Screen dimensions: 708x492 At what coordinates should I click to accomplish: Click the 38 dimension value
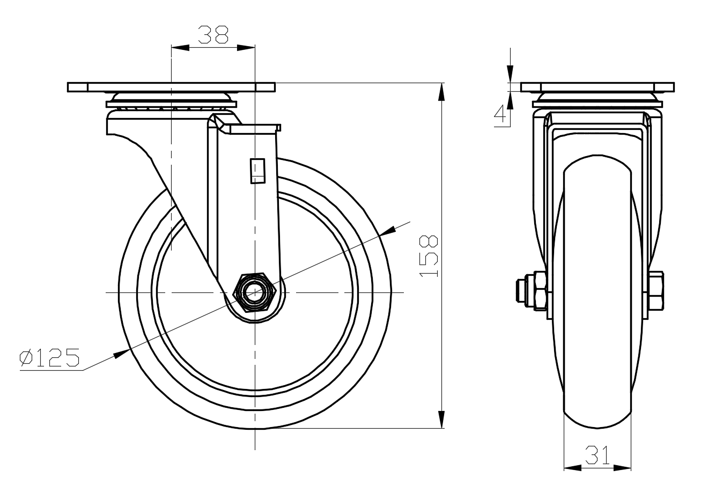tap(213, 35)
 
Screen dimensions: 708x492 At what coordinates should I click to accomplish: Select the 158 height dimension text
tap(428, 256)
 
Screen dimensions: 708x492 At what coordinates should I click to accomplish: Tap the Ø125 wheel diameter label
tap(49, 358)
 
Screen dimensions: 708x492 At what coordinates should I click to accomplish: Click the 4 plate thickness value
tap(500, 114)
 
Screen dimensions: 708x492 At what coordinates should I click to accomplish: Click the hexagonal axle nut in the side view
tap(254, 292)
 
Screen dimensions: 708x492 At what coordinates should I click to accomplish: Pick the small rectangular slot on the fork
tap(257, 171)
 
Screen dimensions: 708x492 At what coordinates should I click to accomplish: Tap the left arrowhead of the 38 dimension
tap(180, 48)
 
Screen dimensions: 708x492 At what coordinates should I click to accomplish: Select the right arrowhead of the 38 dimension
tap(246, 48)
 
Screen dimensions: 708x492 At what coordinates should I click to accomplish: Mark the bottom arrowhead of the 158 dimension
tap(441, 420)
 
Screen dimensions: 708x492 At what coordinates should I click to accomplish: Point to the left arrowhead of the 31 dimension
tap(573, 468)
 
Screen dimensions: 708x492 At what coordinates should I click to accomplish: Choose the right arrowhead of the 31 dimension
tap(622, 468)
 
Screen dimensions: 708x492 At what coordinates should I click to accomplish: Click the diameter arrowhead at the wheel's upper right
tap(387, 231)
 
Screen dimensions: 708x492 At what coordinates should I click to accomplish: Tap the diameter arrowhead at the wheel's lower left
tap(122, 354)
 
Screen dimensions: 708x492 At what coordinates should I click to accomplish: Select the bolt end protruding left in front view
tap(521, 291)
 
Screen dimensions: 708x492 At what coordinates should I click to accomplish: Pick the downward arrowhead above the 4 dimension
tap(510, 74)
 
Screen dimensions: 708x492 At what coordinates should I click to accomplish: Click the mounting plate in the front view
tap(598, 87)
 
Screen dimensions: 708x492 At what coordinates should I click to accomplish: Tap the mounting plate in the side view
tap(171, 87)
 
